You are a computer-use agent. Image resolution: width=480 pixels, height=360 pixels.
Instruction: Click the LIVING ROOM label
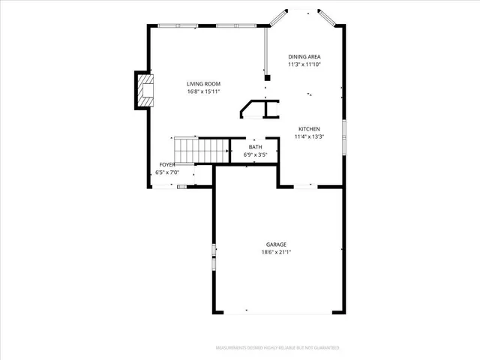pos(203,84)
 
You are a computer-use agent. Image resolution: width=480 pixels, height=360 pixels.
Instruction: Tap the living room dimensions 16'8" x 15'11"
pos(203,92)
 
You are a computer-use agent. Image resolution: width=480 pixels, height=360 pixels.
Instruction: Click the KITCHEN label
pos(309,129)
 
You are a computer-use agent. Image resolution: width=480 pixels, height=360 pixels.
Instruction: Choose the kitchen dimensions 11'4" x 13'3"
pos(309,137)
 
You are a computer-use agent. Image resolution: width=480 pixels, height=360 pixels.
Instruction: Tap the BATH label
pos(256,147)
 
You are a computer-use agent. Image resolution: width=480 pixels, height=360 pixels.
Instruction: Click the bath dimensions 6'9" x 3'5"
pos(256,155)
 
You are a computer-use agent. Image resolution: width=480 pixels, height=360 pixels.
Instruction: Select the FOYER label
pos(167,164)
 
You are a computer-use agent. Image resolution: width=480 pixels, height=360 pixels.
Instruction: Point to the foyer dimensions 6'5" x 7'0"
pos(167,172)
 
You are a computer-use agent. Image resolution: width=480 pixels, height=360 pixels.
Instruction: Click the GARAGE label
pos(276,244)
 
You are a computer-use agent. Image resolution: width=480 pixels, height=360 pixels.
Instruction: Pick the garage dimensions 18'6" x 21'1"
pos(276,253)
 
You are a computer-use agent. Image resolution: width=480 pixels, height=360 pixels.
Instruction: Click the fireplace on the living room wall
pos(144,90)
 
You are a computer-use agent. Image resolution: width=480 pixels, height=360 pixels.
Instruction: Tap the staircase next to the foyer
pos(201,150)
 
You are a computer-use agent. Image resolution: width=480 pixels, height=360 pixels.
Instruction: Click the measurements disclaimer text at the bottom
pos(277,348)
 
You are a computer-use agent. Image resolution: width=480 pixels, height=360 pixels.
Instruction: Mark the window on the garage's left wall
pos(214,256)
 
